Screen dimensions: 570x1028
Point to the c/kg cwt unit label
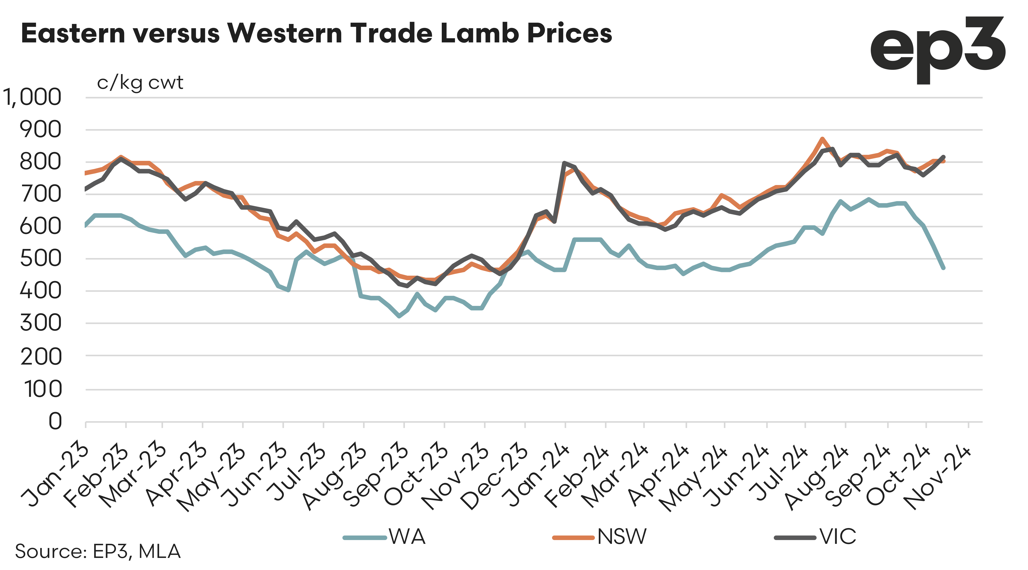point(140,83)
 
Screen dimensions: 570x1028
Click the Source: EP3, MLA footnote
point(98,552)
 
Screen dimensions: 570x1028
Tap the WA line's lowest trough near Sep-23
point(399,316)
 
